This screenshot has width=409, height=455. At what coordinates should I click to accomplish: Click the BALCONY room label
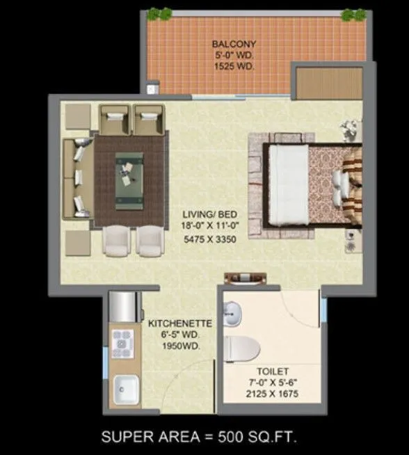pyautogui.click(x=228, y=44)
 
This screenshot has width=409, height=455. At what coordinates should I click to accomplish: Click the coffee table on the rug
pyautogui.click(x=129, y=168)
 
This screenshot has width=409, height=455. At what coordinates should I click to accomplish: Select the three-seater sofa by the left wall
pyautogui.click(x=77, y=177)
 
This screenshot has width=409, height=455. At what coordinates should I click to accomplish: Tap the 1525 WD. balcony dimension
pyautogui.click(x=228, y=67)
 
